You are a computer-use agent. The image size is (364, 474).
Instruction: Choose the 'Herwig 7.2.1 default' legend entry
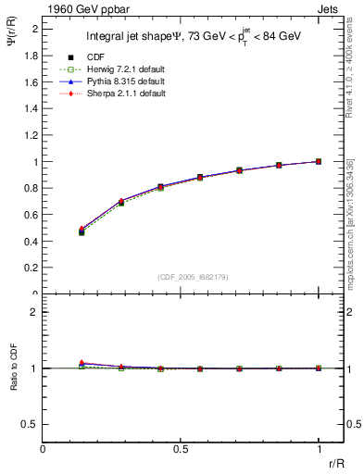pyautogui.click(x=129, y=70)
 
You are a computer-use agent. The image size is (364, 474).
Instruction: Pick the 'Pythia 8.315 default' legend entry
pyautogui.click(x=128, y=82)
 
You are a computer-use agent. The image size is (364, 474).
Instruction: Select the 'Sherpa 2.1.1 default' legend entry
pyautogui.click(x=129, y=94)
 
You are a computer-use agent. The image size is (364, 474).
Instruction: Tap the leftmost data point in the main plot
pyautogui.click(x=82, y=231)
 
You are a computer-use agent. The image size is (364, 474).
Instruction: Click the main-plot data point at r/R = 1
pyautogui.click(x=318, y=161)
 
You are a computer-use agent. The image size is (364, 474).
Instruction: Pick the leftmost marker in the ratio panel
pyautogui.click(x=82, y=365)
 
